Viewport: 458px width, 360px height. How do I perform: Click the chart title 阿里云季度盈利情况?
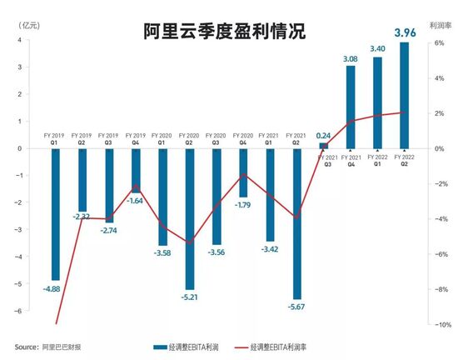click(x=223, y=32)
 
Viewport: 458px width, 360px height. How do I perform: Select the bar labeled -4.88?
click(x=56, y=214)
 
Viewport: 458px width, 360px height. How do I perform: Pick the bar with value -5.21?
click(x=190, y=218)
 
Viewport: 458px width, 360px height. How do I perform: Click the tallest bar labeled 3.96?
click(x=404, y=95)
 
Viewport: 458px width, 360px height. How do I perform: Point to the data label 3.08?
click(x=350, y=59)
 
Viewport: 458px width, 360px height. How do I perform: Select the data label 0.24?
click(x=324, y=135)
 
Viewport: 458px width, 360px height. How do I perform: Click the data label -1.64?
click(x=136, y=201)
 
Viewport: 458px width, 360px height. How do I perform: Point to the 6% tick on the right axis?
click(x=441, y=43)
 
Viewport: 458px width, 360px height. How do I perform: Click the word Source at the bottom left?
click(x=25, y=346)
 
